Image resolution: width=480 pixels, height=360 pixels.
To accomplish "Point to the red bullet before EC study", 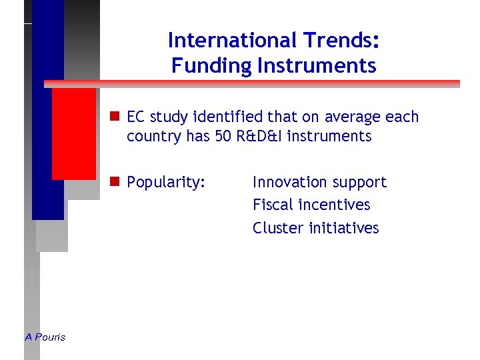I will [x=115, y=117].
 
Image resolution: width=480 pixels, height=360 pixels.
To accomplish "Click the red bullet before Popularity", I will [x=115, y=182].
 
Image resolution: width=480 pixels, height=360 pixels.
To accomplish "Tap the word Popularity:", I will [x=165, y=183].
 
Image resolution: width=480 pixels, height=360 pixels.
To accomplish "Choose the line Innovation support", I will [x=319, y=183].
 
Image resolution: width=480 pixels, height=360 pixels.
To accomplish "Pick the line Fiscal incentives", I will [x=311, y=205].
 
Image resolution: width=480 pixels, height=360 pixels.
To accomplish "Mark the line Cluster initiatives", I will [x=315, y=228].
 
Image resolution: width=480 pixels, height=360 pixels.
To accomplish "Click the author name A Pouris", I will [x=45, y=337].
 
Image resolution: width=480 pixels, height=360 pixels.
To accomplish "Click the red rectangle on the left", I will [x=74, y=133].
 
